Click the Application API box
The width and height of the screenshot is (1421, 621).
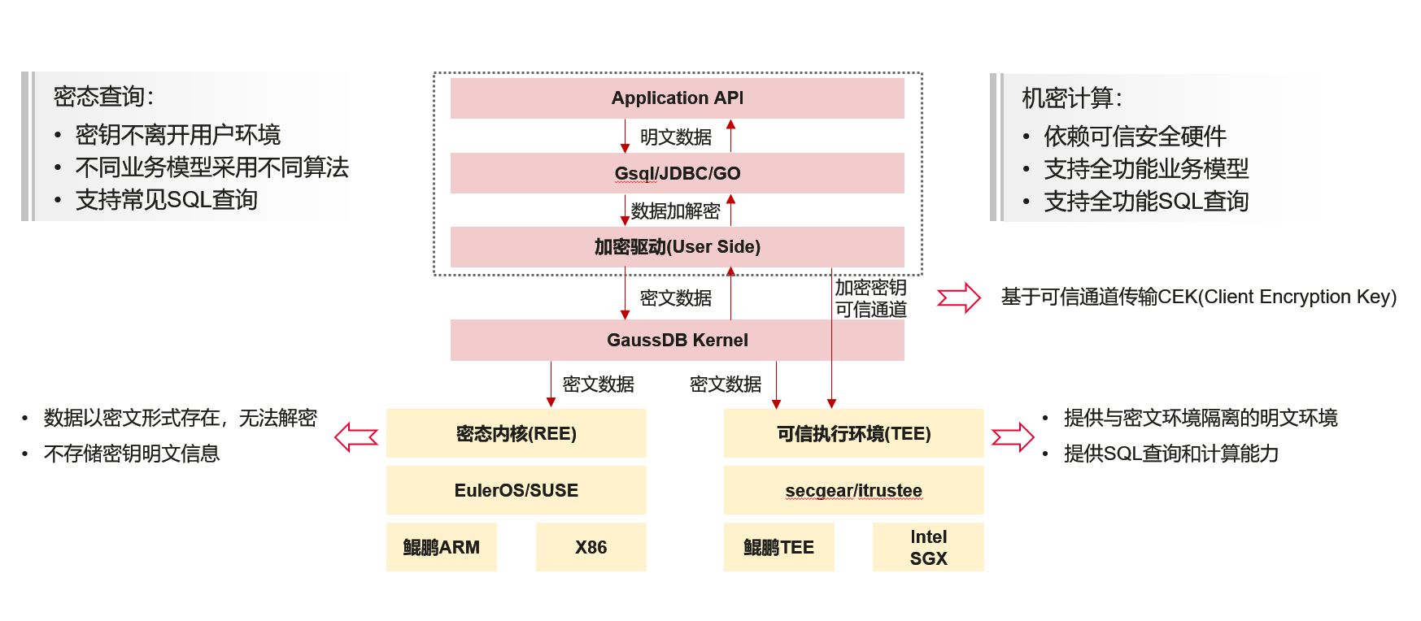(677, 98)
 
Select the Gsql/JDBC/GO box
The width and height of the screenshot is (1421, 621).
(677, 173)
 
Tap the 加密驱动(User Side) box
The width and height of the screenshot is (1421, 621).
(677, 247)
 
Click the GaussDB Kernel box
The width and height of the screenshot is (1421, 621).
(677, 340)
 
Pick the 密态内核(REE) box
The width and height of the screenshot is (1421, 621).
(516, 433)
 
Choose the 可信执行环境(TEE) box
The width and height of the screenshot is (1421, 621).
(853, 433)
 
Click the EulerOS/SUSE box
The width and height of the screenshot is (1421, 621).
(516, 490)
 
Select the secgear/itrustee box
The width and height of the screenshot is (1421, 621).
(853, 490)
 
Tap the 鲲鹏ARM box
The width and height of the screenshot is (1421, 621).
(441, 547)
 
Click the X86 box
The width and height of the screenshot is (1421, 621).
(591, 547)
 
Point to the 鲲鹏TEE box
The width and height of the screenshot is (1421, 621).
(778, 547)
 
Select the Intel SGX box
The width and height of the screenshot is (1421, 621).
(928, 547)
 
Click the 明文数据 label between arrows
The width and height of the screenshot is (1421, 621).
(675, 137)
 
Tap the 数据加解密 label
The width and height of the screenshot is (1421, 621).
(675, 211)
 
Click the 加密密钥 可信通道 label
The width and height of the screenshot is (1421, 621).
(870, 298)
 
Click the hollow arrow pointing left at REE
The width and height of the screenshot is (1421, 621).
(356, 436)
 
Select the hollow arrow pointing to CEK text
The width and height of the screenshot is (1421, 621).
(959, 297)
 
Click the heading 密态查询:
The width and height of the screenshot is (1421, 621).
(103, 97)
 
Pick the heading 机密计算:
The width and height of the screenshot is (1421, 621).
(1071, 98)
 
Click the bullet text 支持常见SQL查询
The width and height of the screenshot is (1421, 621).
(166, 200)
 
